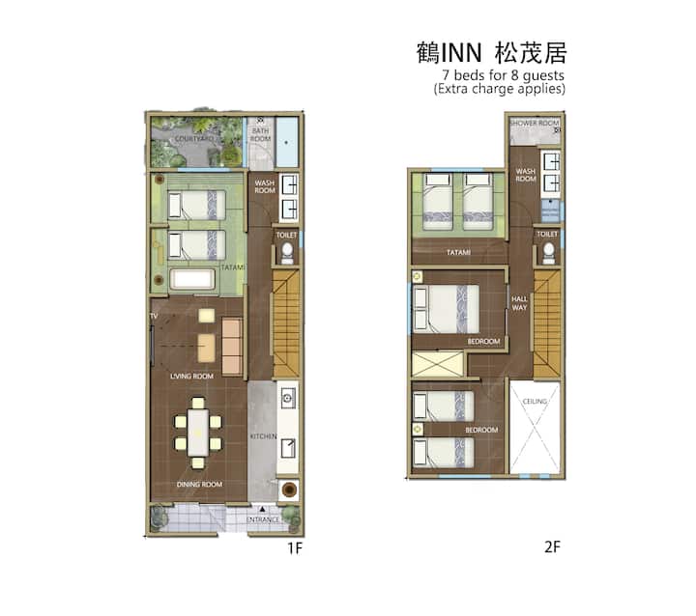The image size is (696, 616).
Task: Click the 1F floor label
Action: [x=295, y=548]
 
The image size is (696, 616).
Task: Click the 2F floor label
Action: [x=552, y=546]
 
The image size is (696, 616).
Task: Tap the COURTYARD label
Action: [x=194, y=139]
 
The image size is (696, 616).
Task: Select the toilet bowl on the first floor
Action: [x=287, y=251]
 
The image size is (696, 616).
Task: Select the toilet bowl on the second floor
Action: [x=549, y=251]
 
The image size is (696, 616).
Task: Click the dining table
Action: [x=198, y=433]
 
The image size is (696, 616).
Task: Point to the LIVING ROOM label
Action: [x=191, y=377]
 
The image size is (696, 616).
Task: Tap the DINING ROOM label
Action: [x=199, y=485]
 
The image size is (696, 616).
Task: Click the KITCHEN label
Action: [x=263, y=436]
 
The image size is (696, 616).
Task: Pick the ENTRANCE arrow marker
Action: [x=262, y=509]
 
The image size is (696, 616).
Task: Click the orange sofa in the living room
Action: [x=232, y=347]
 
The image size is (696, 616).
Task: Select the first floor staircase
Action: [x=286, y=323]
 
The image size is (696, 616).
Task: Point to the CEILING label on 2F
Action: [x=535, y=402]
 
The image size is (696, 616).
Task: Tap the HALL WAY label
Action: [x=519, y=303]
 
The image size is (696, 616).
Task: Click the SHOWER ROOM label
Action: [x=535, y=123]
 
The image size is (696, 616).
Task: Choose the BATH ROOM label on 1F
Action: [x=261, y=135]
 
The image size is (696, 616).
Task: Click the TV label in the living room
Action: [x=154, y=316]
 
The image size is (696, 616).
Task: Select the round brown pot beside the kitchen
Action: [x=289, y=490]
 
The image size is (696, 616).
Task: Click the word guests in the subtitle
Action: [x=543, y=76]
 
